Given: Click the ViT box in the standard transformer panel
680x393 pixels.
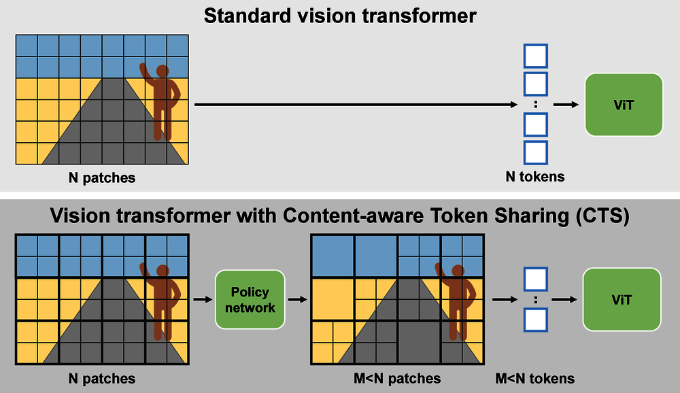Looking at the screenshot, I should click(x=624, y=105).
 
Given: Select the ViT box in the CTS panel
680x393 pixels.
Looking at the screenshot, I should click(x=622, y=299).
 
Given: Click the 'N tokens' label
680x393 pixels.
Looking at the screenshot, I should click(x=536, y=177).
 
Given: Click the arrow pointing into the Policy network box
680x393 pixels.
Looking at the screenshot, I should click(x=202, y=299).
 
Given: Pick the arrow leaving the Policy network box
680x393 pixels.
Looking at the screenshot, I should click(x=296, y=299).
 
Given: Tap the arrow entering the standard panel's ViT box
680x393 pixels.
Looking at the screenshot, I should click(x=566, y=105).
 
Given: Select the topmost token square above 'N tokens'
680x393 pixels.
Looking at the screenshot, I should click(x=536, y=55).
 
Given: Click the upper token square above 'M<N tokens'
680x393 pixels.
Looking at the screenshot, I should click(x=536, y=277).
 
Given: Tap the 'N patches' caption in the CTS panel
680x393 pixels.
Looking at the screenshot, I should click(x=102, y=379).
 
